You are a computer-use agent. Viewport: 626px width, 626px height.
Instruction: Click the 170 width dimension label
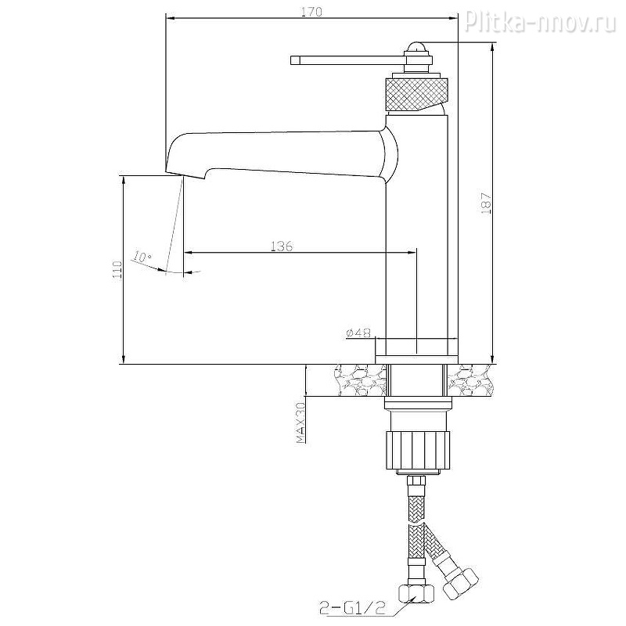point(311,12)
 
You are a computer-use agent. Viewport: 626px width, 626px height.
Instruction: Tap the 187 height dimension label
point(487,204)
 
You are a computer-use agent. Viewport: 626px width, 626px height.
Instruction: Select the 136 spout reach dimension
point(282,246)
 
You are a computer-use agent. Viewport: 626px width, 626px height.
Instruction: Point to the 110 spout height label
point(117,270)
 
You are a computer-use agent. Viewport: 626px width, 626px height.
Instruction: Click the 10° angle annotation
point(142,257)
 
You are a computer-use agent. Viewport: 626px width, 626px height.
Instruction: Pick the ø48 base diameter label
point(358,333)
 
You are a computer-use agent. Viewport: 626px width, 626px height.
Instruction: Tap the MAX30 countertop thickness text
point(300,423)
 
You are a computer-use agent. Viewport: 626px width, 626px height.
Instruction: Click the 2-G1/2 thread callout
point(353,609)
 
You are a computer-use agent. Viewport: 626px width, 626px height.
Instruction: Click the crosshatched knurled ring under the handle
point(417,94)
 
